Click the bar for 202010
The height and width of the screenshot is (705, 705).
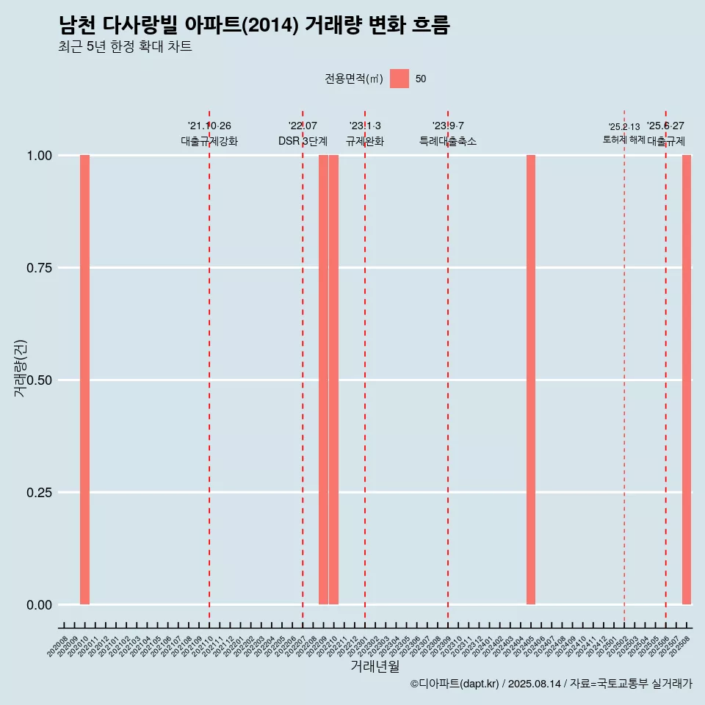point(84,380)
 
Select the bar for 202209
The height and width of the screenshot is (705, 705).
point(323,380)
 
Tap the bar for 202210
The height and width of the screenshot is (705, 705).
point(333,380)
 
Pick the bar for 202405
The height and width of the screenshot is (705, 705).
point(531,380)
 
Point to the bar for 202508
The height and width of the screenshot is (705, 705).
point(687,380)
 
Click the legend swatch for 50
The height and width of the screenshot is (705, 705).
point(399,79)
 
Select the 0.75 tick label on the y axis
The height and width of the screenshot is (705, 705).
point(39,268)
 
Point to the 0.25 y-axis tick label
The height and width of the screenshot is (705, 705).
point(39,493)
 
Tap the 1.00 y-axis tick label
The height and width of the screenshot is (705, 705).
point(39,156)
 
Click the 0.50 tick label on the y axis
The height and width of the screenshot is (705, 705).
point(39,380)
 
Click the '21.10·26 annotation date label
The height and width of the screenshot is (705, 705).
point(209,126)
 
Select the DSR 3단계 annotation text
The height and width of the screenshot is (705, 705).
point(303,141)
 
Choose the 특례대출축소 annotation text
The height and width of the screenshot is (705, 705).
point(448,141)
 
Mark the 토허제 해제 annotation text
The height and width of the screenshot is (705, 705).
point(624,140)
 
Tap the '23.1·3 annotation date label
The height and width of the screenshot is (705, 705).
point(365,126)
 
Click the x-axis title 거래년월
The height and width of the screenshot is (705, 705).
point(375,667)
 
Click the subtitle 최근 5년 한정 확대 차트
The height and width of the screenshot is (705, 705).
point(125,47)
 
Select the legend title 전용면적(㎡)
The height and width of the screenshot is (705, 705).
point(354,79)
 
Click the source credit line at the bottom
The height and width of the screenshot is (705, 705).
point(551,684)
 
